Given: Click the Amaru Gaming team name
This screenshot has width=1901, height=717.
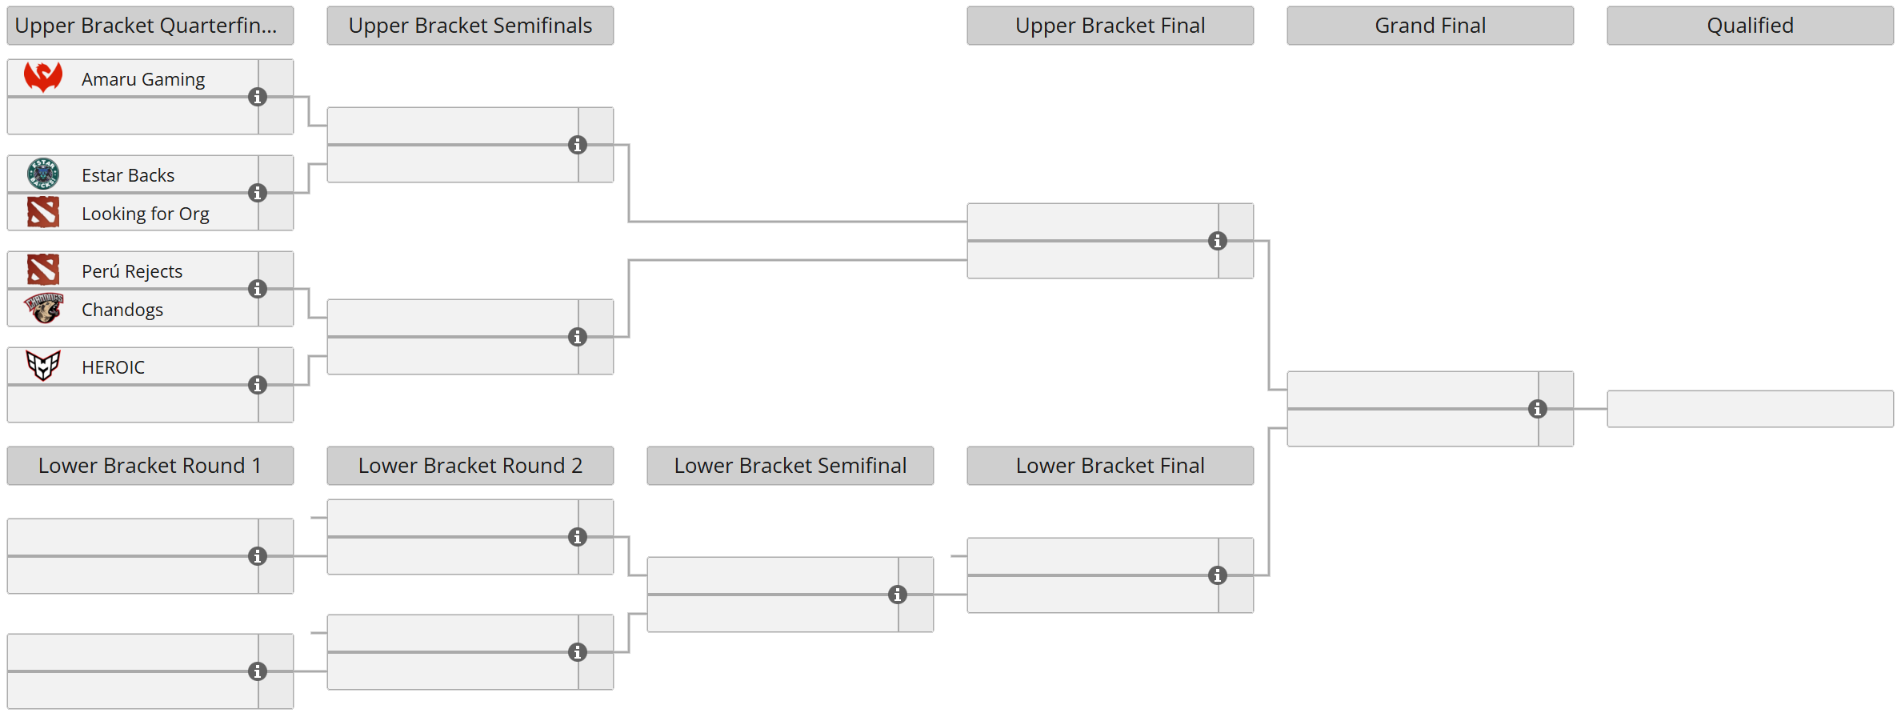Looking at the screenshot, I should (143, 79).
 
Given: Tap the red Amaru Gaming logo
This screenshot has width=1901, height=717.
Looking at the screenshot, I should (43, 78).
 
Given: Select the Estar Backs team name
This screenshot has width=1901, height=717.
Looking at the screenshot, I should (128, 175).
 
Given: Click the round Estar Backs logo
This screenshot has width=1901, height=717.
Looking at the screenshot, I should (43, 174).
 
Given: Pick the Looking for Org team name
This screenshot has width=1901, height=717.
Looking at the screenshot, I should (146, 214).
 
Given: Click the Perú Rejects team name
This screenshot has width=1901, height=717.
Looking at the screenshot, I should (132, 271).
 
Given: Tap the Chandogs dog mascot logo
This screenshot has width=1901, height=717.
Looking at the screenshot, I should (43, 308).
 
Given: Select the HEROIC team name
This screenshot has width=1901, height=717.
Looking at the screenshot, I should (113, 367).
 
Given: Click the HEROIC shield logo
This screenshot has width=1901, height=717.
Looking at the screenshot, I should (43, 366).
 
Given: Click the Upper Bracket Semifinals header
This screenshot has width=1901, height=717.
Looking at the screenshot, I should (470, 26).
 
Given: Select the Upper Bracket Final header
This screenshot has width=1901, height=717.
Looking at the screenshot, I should (1110, 26).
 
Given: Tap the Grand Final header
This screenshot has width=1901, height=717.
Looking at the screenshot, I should (1430, 26).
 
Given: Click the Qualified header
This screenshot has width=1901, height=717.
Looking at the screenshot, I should (1750, 26).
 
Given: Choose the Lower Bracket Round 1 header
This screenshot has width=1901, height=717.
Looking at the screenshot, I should (150, 466).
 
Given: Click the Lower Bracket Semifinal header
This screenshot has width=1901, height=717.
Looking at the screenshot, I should (790, 466).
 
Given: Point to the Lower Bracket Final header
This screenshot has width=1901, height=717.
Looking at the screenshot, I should (1110, 466).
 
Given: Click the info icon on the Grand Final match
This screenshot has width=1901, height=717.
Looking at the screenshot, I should (1538, 409).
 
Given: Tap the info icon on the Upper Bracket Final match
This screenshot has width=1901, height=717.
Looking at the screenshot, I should (1218, 241).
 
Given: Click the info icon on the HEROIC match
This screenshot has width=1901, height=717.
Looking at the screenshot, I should (258, 385).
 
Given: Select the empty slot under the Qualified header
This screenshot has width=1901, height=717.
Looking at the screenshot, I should (1750, 409).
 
